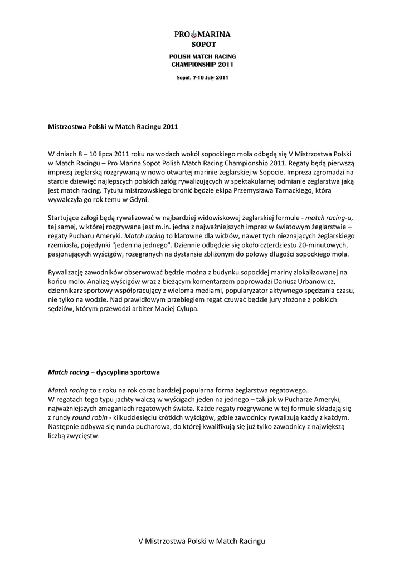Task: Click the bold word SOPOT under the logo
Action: (203, 43)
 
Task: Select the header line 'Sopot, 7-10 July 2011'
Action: (202, 77)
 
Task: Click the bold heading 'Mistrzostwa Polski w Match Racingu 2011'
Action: (113, 127)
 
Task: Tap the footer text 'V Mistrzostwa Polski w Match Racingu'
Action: (202, 541)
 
